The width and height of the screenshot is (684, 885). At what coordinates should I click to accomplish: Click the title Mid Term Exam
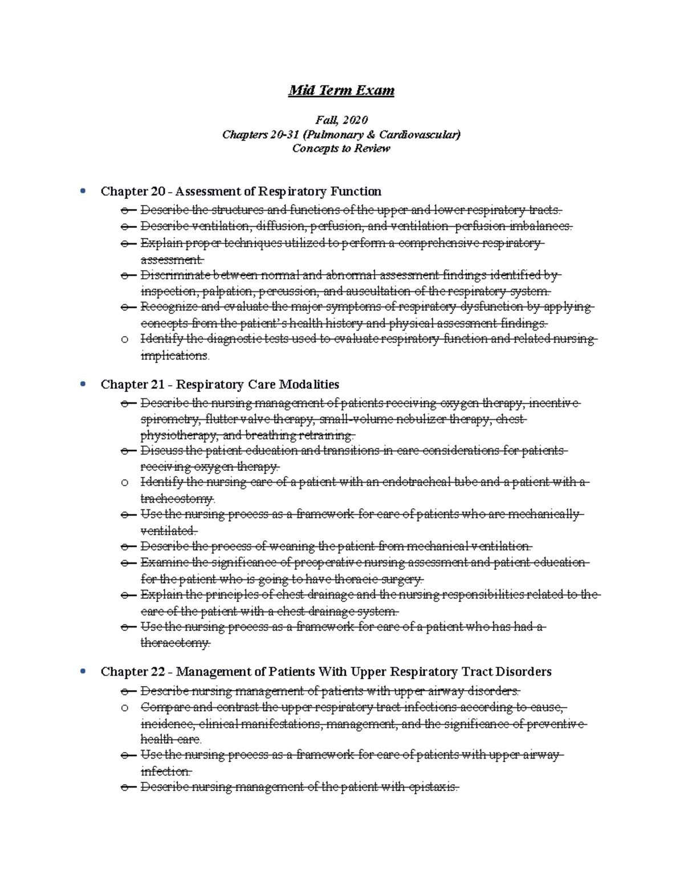coord(341,91)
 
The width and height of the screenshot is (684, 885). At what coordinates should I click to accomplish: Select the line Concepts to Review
coord(341,149)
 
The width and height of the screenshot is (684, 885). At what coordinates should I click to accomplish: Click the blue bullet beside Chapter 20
coord(84,191)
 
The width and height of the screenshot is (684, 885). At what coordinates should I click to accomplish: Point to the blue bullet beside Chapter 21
coord(84,384)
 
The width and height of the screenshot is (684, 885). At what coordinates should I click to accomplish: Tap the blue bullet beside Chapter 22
coord(84,671)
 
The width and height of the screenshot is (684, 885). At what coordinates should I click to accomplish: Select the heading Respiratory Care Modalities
coord(258,385)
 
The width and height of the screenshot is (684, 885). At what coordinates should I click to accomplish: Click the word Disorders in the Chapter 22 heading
coord(524,672)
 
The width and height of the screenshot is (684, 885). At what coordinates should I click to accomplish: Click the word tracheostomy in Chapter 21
coord(177,499)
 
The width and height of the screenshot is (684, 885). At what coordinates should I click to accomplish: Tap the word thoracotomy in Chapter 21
coord(175,643)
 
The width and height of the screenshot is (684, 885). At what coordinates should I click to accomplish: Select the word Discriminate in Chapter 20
coord(176,276)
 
